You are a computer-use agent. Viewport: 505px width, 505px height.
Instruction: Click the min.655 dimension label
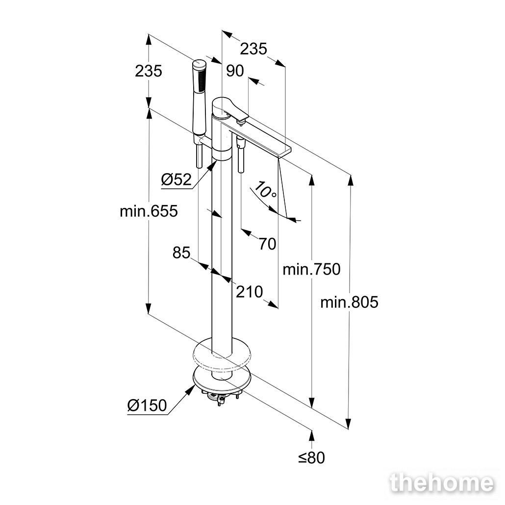click(149, 212)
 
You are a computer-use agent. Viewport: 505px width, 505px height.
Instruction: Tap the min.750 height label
click(311, 269)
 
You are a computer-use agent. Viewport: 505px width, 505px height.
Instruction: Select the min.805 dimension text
click(349, 303)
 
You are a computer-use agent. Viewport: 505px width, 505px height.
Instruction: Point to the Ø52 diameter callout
click(176, 180)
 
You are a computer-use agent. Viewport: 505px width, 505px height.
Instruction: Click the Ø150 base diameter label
click(147, 405)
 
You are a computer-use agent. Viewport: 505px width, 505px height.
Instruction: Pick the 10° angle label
click(265, 191)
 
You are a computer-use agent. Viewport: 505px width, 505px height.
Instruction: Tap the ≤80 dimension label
click(311, 457)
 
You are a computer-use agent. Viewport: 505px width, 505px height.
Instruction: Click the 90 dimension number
click(235, 71)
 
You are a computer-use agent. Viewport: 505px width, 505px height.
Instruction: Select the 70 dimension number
click(267, 244)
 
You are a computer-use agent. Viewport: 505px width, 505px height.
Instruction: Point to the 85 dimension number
click(181, 253)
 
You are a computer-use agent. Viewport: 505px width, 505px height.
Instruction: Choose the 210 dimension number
click(249, 292)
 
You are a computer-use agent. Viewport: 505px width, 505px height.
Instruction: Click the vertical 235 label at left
click(149, 71)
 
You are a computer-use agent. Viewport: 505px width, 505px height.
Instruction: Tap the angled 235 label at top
click(254, 49)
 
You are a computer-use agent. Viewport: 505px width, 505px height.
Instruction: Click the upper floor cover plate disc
click(222, 353)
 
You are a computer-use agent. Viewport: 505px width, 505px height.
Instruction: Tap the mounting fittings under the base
click(219, 395)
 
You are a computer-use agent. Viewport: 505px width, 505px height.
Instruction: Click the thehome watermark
click(442, 483)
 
